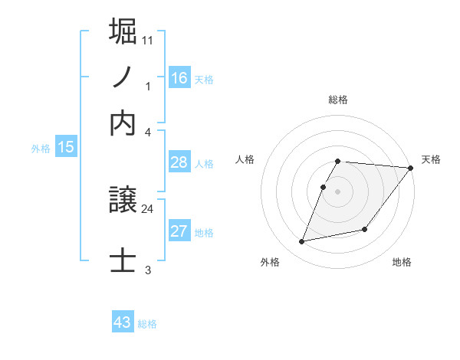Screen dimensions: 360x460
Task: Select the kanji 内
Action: pos(123,123)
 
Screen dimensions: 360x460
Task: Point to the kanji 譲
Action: pos(123,201)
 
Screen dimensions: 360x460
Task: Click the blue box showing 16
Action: pos(179,77)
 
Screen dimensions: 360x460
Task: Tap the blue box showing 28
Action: pos(179,162)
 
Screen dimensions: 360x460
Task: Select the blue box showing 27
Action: pos(179,231)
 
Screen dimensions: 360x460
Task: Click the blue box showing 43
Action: pos(123,322)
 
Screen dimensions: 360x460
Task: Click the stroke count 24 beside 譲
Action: pos(148,208)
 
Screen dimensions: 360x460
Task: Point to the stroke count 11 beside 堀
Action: pos(148,38)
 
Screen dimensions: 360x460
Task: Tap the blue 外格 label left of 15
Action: pos(41,149)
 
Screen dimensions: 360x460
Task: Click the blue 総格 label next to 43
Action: pos(147,324)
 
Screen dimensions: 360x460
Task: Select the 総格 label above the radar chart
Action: pos(337,100)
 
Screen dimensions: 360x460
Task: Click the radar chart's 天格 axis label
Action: pos(431,159)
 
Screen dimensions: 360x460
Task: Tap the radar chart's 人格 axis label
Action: pos(245,159)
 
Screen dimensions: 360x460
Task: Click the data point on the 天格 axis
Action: pos(411,168)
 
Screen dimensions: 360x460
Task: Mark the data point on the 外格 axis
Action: pos(302,242)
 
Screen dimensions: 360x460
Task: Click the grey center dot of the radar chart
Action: pos(338,191)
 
